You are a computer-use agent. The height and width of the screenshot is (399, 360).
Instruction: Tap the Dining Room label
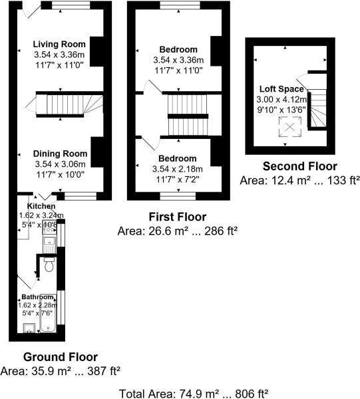[x=61, y=153]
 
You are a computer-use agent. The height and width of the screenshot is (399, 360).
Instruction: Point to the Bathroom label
[x=37, y=297]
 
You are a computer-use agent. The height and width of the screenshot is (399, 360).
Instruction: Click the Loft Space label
[x=282, y=88]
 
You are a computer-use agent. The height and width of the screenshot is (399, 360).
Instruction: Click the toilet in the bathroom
[x=48, y=266]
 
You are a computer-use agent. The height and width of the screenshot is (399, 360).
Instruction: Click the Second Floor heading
[x=299, y=166]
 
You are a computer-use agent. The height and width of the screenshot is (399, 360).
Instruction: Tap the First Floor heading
[x=177, y=217]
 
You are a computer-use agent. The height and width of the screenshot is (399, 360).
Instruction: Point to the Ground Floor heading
[x=61, y=356]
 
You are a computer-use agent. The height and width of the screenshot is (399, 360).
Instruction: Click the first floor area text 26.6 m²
[x=177, y=231]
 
